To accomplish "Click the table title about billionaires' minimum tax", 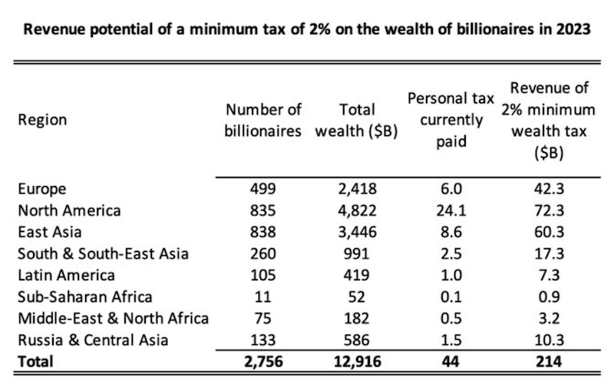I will [x=307, y=32].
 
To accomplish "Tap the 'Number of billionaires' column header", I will [x=262, y=120].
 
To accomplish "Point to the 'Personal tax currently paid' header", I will [x=444, y=120].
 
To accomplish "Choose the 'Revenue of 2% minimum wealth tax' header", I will [x=548, y=120].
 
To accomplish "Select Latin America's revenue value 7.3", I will [x=548, y=275].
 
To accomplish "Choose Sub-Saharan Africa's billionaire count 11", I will [x=263, y=297].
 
